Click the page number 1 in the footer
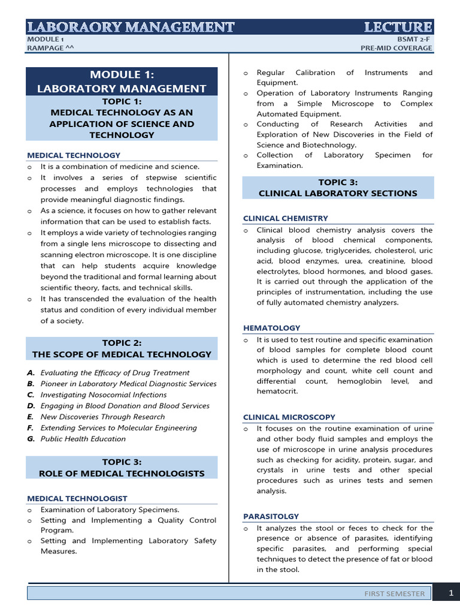[451, 593]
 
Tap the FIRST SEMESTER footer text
[395, 594]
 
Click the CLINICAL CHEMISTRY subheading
[285, 218]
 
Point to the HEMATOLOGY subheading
[271, 328]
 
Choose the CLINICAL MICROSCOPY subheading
[289, 417]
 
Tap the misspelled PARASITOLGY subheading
[271, 516]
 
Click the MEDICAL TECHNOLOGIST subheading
[77, 498]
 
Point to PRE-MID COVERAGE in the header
[396, 49]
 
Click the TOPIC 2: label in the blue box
[122, 342]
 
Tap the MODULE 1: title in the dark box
[122, 75]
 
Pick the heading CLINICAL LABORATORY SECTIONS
[338, 193]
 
